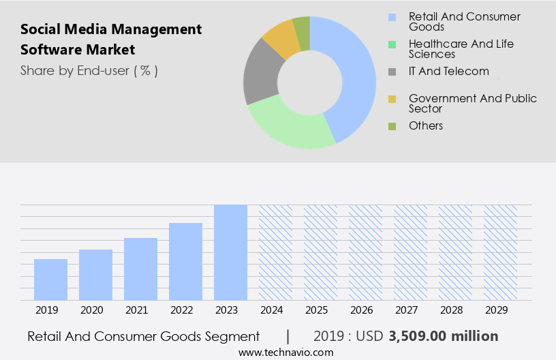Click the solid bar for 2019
[x=50, y=280]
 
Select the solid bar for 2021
[x=140, y=269]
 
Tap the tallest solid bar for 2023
[x=230, y=252]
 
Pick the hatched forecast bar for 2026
[x=365, y=252]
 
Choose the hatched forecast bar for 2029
[x=500, y=252]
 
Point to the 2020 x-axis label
[x=91, y=310]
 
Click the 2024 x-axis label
[x=271, y=310]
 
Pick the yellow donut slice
[x=281, y=40]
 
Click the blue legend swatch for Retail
[x=392, y=17]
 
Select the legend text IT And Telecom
[x=448, y=71]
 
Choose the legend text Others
[x=426, y=125]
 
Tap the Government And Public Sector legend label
[x=472, y=104]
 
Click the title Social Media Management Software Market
[x=111, y=40]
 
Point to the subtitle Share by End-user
[x=89, y=70]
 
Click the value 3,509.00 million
[x=444, y=336]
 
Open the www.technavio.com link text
[x=285, y=352]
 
